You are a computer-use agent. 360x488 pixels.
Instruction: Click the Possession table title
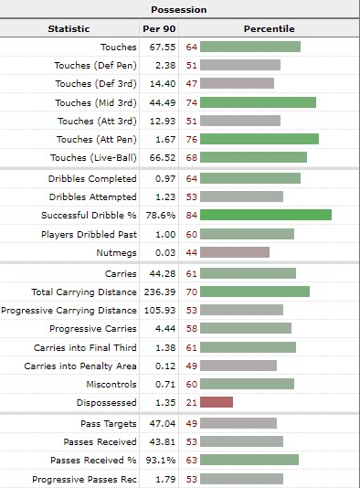click(178, 10)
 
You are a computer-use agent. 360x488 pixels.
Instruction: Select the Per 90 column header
click(159, 28)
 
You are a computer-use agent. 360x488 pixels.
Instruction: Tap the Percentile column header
click(269, 28)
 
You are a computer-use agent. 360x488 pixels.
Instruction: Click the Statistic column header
click(69, 28)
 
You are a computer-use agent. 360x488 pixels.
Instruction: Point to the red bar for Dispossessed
click(217, 402)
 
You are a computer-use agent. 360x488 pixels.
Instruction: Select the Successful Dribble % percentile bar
click(266, 215)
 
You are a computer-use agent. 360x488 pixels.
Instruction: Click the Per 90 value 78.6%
click(161, 216)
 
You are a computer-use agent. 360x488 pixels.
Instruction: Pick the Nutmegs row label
click(116, 253)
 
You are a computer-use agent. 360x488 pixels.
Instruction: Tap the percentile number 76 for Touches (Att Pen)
click(192, 139)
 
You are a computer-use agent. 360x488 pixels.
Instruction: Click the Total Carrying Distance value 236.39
click(160, 292)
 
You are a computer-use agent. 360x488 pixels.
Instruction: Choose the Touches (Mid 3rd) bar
click(258, 102)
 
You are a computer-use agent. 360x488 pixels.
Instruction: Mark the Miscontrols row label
click(111, 385)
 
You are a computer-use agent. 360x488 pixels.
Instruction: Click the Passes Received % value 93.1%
click(161, 460)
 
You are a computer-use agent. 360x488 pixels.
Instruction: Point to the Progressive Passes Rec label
click(84, 479)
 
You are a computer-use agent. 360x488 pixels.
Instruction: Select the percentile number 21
click(192, 403)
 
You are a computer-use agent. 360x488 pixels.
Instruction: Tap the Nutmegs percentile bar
click(235, 252)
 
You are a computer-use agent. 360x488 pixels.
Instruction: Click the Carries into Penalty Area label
click(80, 366)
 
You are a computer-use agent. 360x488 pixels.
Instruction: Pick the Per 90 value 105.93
click(160, 311)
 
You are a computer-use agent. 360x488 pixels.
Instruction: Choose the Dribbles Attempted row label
click(92, 197)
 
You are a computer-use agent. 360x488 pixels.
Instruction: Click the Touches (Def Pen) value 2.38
click(165, 66)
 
